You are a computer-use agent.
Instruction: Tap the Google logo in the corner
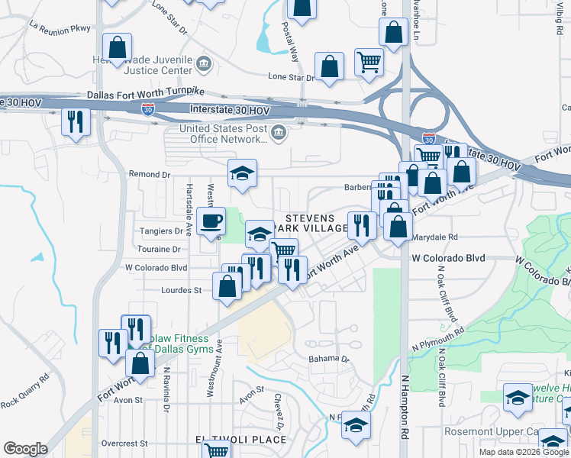tap(25, 449)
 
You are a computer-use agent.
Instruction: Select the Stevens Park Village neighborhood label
tap(316, 223)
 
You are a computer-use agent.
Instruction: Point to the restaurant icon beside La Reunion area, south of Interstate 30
tap(76, 121)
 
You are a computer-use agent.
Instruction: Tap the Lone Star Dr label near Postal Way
tap(292, 77)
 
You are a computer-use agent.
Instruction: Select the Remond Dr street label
tap(148, 174)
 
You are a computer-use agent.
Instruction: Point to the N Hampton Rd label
tap(403, 405)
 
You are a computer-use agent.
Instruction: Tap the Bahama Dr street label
tap(328, 359)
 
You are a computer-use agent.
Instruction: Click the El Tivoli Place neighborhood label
tap(240, 440)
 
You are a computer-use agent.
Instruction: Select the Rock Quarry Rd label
tap(25, 389)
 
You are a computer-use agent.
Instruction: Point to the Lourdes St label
tap(181, 290)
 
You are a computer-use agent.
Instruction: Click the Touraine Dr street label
tap(158, 249)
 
